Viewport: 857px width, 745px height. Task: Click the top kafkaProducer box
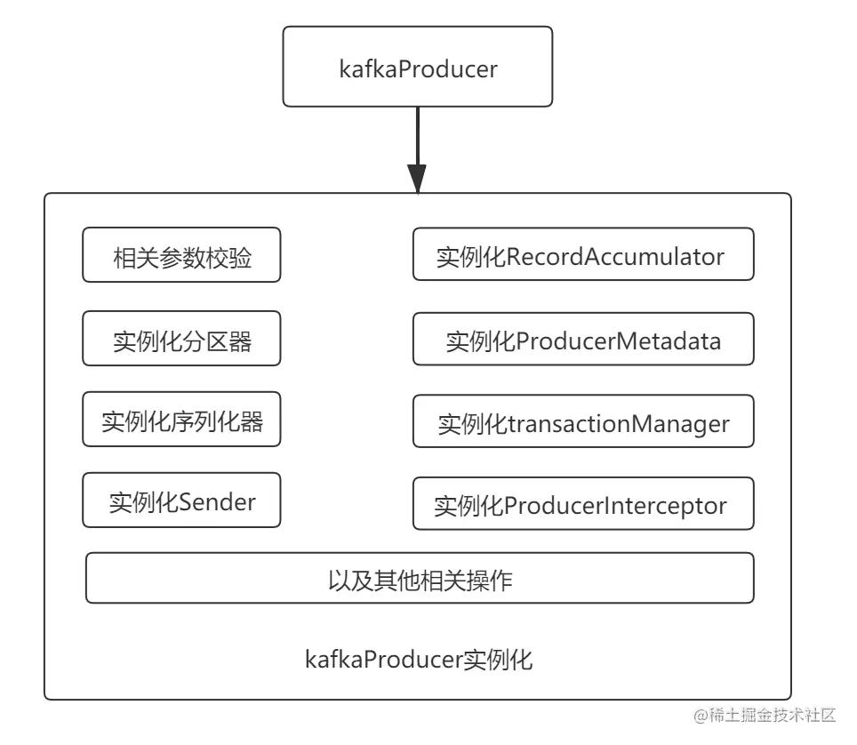click(x=418, y=68)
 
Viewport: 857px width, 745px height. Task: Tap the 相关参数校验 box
click(x=181, y=256)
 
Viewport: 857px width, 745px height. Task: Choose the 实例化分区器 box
click(x=181, y=339)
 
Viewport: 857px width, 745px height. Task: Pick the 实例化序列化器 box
click(x=181, y=420)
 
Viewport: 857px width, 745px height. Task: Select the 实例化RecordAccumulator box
click(x=583, y=255)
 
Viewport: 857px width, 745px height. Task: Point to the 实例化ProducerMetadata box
click(x=583, y=340)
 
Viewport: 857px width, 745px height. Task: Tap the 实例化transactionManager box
click(x=583, y=422)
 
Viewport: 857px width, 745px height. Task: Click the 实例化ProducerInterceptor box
click(x=583, y=505)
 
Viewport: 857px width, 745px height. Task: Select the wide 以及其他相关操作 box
click(x=420, y=579)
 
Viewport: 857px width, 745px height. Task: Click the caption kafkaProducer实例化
click(x=419, y=660)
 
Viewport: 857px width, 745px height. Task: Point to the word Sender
click(x=217, y=501)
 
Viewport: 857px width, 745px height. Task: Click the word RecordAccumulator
click(x=615, y=257)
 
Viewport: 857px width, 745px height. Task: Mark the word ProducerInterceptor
click(x=615, y=506)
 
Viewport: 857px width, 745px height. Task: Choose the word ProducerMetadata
click(x=618, y=340)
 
